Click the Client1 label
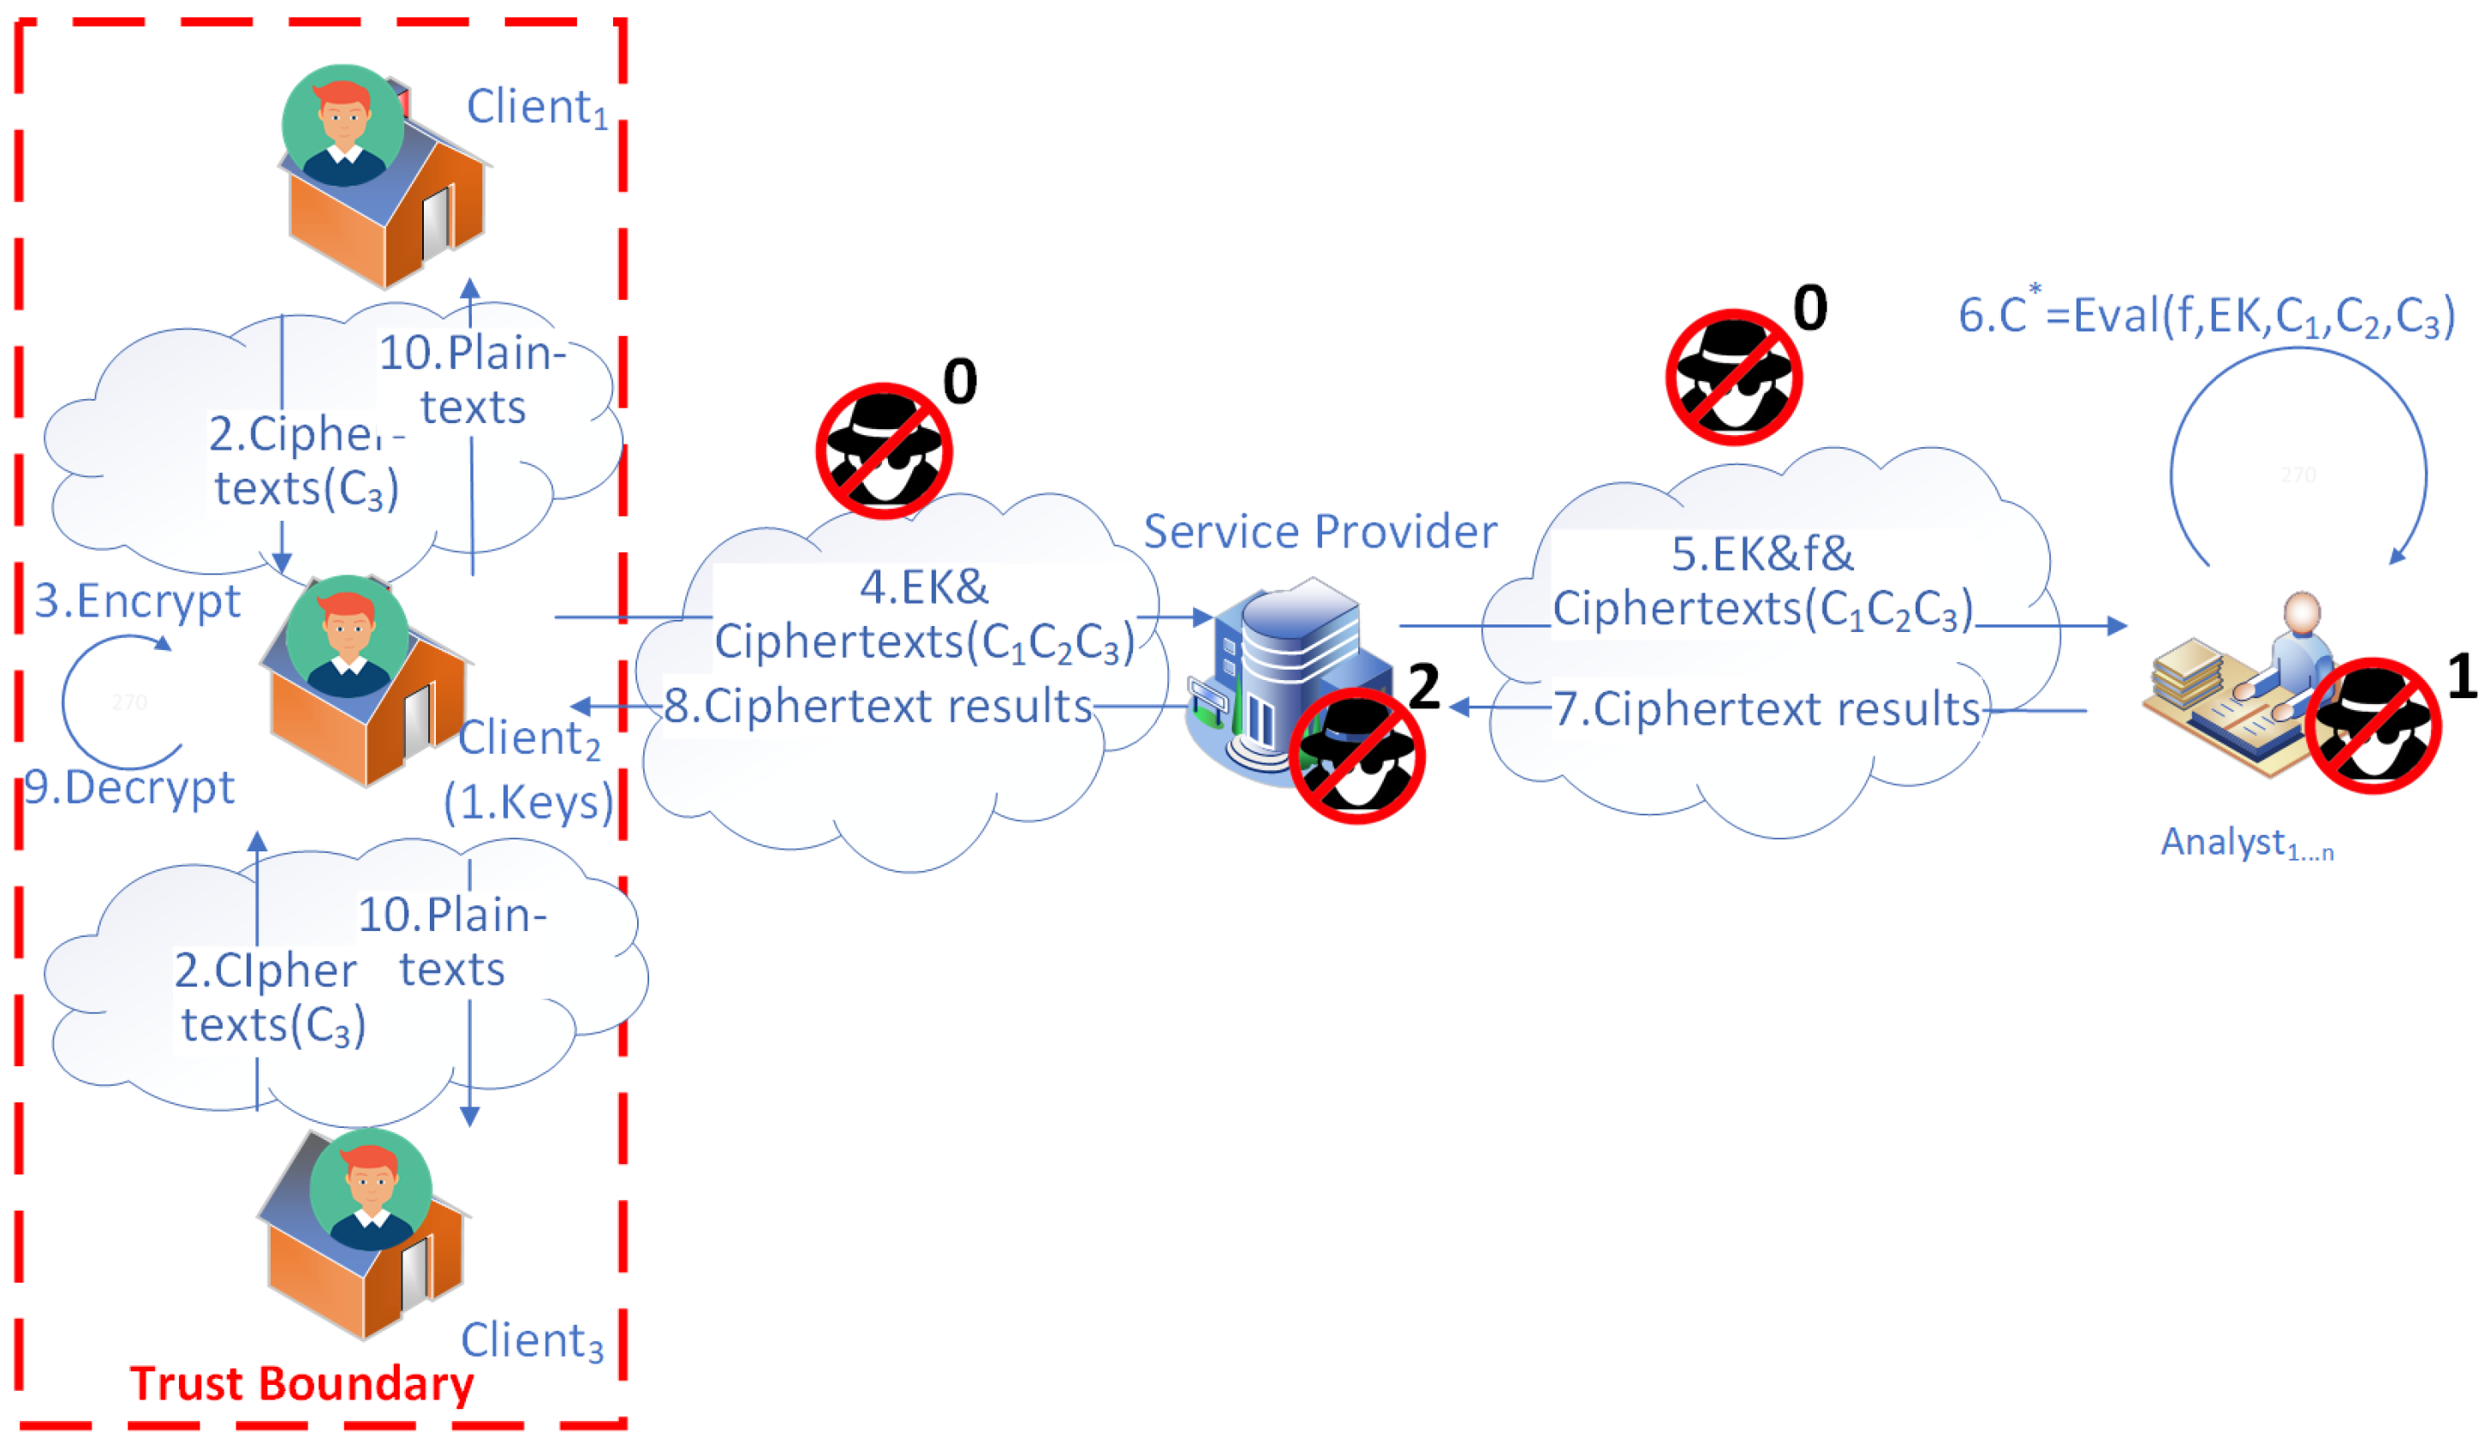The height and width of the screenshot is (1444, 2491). click(x=537, y=109)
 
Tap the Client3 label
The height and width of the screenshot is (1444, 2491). click(x=532, y=1341)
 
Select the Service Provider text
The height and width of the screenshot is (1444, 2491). click(x=1320, y=533)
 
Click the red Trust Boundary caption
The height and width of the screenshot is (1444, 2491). click(x=301, y=1385)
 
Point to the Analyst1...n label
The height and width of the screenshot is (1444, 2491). click(x=2246, y=843)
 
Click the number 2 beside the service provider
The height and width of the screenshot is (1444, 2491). click(x=1423, y=687)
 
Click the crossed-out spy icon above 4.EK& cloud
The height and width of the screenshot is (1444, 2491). click(x=884, y=451)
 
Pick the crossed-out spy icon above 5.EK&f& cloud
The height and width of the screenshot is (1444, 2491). click(x=1733, y=378)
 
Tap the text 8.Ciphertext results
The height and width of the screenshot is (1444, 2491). click(x=877, y=707)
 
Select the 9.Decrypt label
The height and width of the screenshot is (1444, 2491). click(x=129, y=788)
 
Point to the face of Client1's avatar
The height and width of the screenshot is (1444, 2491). click(x=343, y=118)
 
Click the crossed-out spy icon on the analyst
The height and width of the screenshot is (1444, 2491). click(x=2372, y=725)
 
